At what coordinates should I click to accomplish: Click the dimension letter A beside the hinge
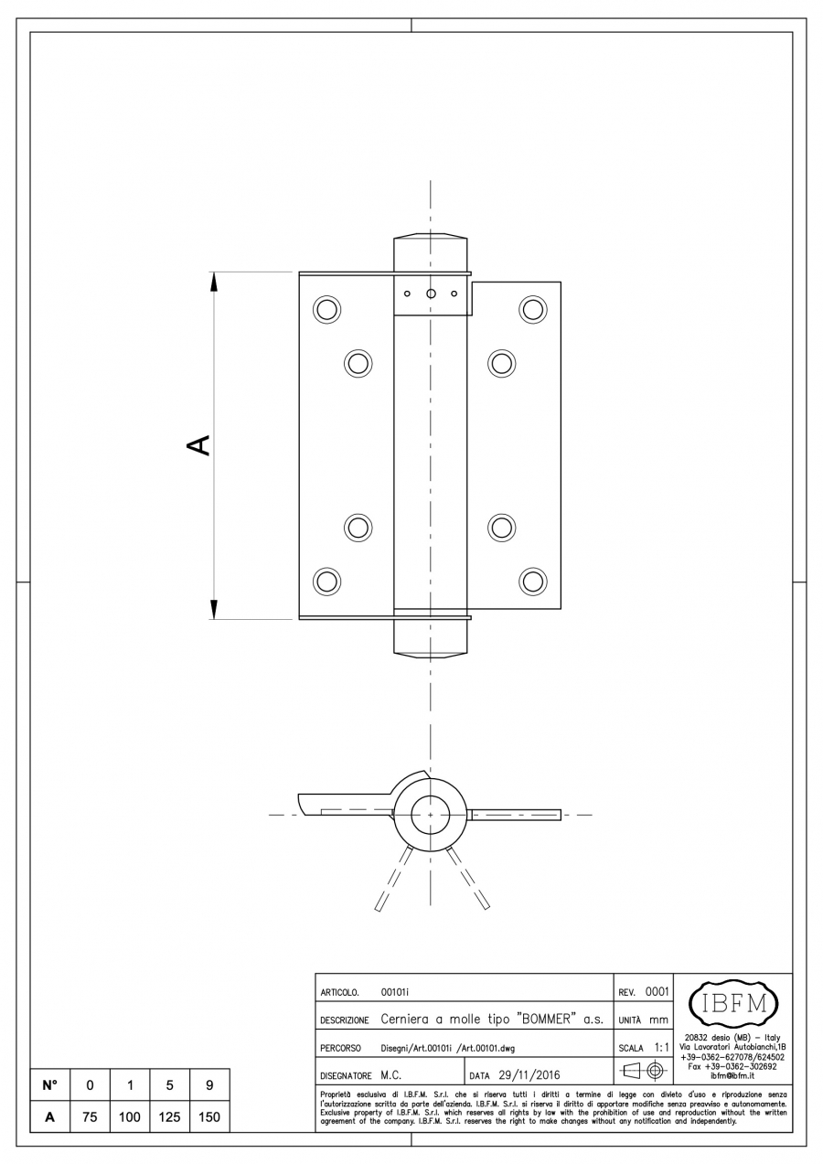(198, 445)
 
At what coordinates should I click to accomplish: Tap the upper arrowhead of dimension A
(214, 283)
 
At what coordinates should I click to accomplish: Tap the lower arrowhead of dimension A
(214, 609)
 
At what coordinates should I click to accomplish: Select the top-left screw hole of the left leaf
(326, 310)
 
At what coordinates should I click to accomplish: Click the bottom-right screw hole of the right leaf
(532, 581)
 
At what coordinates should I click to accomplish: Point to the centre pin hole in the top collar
(431, 294)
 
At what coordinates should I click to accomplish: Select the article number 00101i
(395, 992)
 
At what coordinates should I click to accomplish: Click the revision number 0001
(657, 991)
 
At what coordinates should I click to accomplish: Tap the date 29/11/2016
(529, 1075)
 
